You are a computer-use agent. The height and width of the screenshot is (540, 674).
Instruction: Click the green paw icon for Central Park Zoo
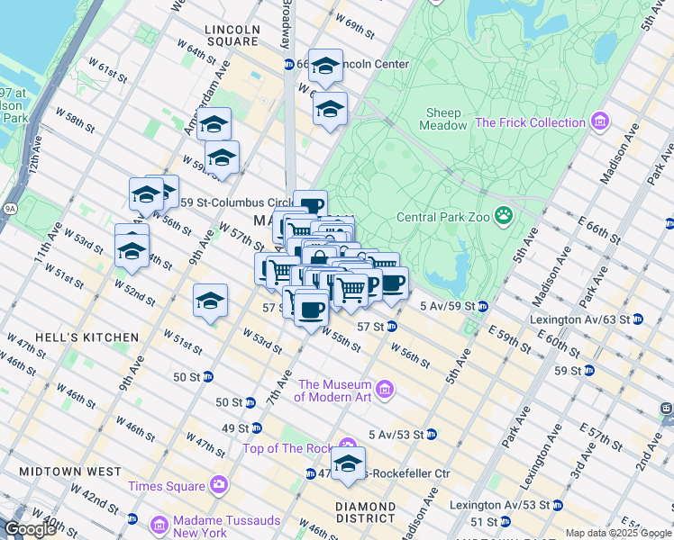pos(504,216)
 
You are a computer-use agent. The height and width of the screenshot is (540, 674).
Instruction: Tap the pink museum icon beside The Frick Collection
pos(599,122)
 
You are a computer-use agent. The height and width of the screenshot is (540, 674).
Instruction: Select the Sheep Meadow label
pos(443,120)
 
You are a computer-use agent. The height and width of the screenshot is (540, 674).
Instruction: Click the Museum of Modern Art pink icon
pos(385,390)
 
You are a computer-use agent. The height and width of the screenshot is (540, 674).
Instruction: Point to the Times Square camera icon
pos(218,486)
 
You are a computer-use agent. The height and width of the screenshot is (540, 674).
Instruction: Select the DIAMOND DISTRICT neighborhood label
pos(365,512)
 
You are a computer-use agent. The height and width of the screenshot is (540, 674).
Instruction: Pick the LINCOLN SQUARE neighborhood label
pos(232,35)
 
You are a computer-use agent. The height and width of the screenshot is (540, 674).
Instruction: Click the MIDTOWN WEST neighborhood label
pos(67,472)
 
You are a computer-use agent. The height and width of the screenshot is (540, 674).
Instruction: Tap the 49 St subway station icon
pos(257,427)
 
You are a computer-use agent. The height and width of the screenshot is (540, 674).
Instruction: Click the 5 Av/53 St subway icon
pos(431,435)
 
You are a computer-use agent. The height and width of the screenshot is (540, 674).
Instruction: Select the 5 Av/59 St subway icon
pos(483,306)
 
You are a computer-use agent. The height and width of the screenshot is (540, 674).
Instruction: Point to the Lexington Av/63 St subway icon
pos(638,319)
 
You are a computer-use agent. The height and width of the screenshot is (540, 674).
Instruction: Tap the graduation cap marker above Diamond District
pos(348,464)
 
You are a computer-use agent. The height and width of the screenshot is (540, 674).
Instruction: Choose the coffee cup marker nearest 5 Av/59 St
pos(391,283)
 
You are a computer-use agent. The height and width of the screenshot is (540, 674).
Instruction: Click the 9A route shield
pos(8,209)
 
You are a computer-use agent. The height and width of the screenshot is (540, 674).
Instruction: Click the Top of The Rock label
pos(287,448)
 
